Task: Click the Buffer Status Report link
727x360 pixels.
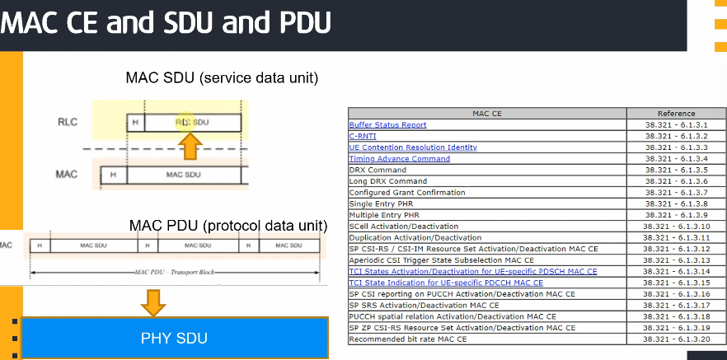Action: pos(387,125)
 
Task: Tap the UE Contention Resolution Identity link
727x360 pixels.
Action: pos(413,147)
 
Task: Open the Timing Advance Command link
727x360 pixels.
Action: pos(399,159)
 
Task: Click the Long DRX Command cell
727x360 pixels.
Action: pos(387,181)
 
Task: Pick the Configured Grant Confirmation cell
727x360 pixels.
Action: pos(406,193)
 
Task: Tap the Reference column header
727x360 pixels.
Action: pos(676,114)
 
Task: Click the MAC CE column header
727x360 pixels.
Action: pos(487,114)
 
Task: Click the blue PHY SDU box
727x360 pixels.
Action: pos(174,338)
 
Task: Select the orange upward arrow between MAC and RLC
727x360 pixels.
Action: pos(190,146)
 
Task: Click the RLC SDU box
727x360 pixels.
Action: pos(192,123)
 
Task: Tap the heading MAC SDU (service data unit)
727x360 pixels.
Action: pos(222,78)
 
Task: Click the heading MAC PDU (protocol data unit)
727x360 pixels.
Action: pos(228,225)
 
